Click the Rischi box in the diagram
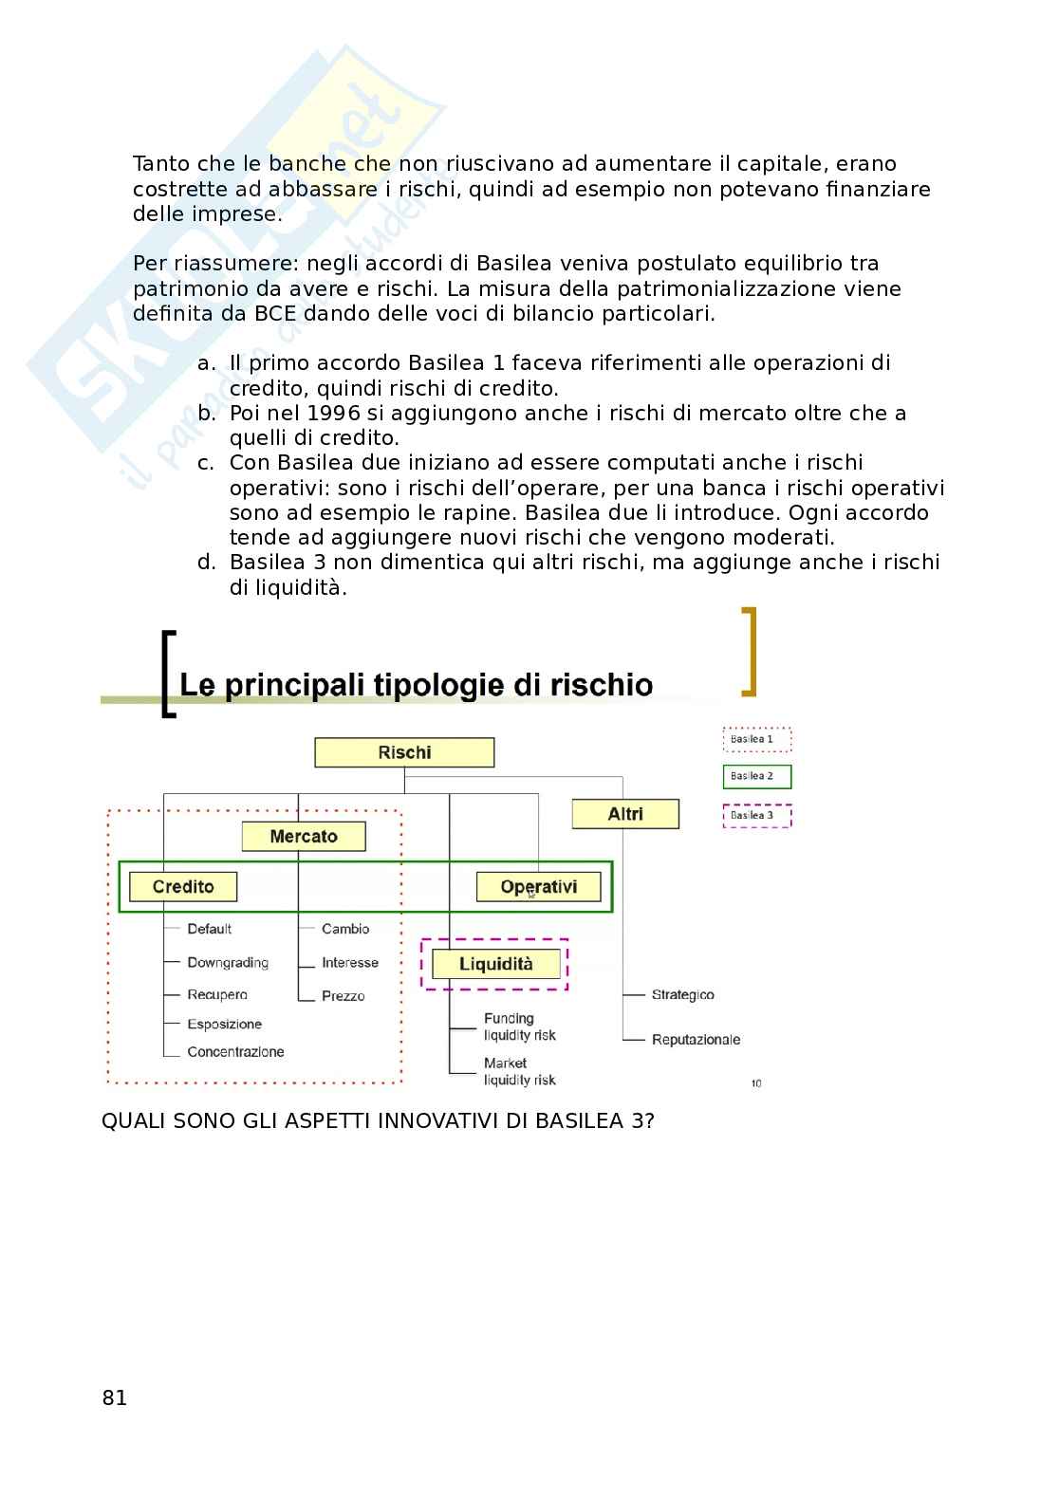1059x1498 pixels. coord(404,753)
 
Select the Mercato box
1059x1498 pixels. coord(304,837)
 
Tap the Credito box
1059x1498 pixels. coord(183,887)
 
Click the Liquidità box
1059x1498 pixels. coord(495,965)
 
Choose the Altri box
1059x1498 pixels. coord(625,814)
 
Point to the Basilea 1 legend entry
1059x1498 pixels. coord(756,739)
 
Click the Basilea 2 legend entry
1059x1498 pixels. coord(756,776)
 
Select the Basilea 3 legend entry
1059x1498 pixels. coord(756,815)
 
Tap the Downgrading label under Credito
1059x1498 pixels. coord(228,963)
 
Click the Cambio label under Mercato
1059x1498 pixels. coord(345,930)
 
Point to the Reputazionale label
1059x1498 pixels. coord(696,1040)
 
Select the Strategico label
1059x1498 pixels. coord(682,995)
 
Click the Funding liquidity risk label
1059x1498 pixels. coord(519,1027)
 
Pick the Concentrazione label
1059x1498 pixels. coord(235,1052)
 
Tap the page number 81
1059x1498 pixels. coord(114,1398)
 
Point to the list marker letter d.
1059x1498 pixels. coord(206,563)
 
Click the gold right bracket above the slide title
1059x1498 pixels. coord(750,651)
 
